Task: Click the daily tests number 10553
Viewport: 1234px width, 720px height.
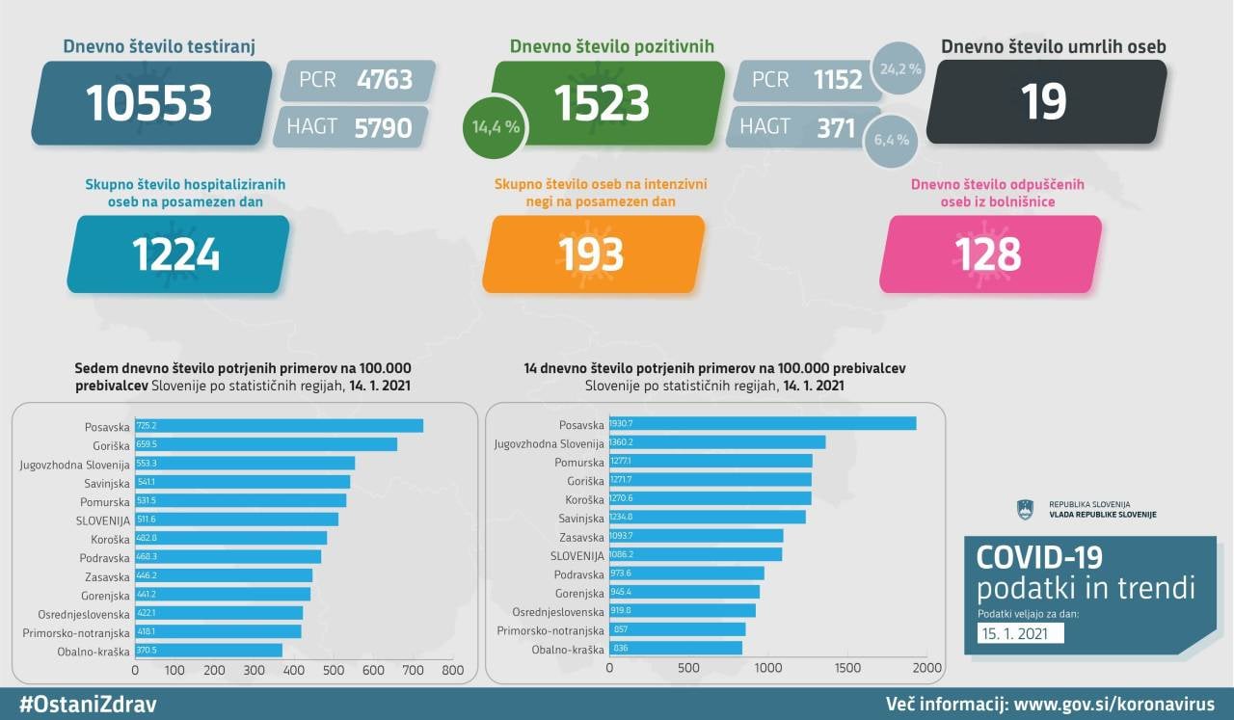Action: pyautogui.click(x=149, y=103)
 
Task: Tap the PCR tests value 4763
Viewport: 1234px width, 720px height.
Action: pyautogui.click(x=384, y=79)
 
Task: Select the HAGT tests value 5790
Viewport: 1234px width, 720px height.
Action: pyautogui.click(x=384, y=127)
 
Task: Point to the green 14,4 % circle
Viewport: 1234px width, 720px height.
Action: pyautogui.click(x=496, y=126)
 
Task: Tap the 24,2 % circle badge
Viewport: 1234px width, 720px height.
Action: pyautogui.click(x=900, y=69)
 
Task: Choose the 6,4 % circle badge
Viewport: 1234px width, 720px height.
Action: pyautogui.click(x=891, y=140)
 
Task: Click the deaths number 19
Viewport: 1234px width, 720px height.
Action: pyautogui.click(x=1044, y=101)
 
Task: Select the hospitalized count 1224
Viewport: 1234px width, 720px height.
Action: pyautogui.click(x=176, y=254)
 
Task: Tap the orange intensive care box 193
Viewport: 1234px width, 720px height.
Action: pyautogui.click(x=592, y=254)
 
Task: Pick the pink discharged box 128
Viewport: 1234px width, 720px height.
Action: pyautogui.click(x=988, y=254)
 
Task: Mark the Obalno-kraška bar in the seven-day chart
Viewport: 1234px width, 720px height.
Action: pyautogui.click(x=209, y=651)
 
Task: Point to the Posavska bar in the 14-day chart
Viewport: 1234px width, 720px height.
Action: pyautogui.click(x=763, y=424)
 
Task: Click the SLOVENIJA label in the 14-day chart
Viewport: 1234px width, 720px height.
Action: pyautogui.click(x=577, y=555)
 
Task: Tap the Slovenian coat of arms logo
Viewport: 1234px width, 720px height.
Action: pyautogui.click(x=1025, y=510)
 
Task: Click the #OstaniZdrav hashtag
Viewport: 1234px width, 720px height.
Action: pyautogui.click(x=88, y=705)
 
